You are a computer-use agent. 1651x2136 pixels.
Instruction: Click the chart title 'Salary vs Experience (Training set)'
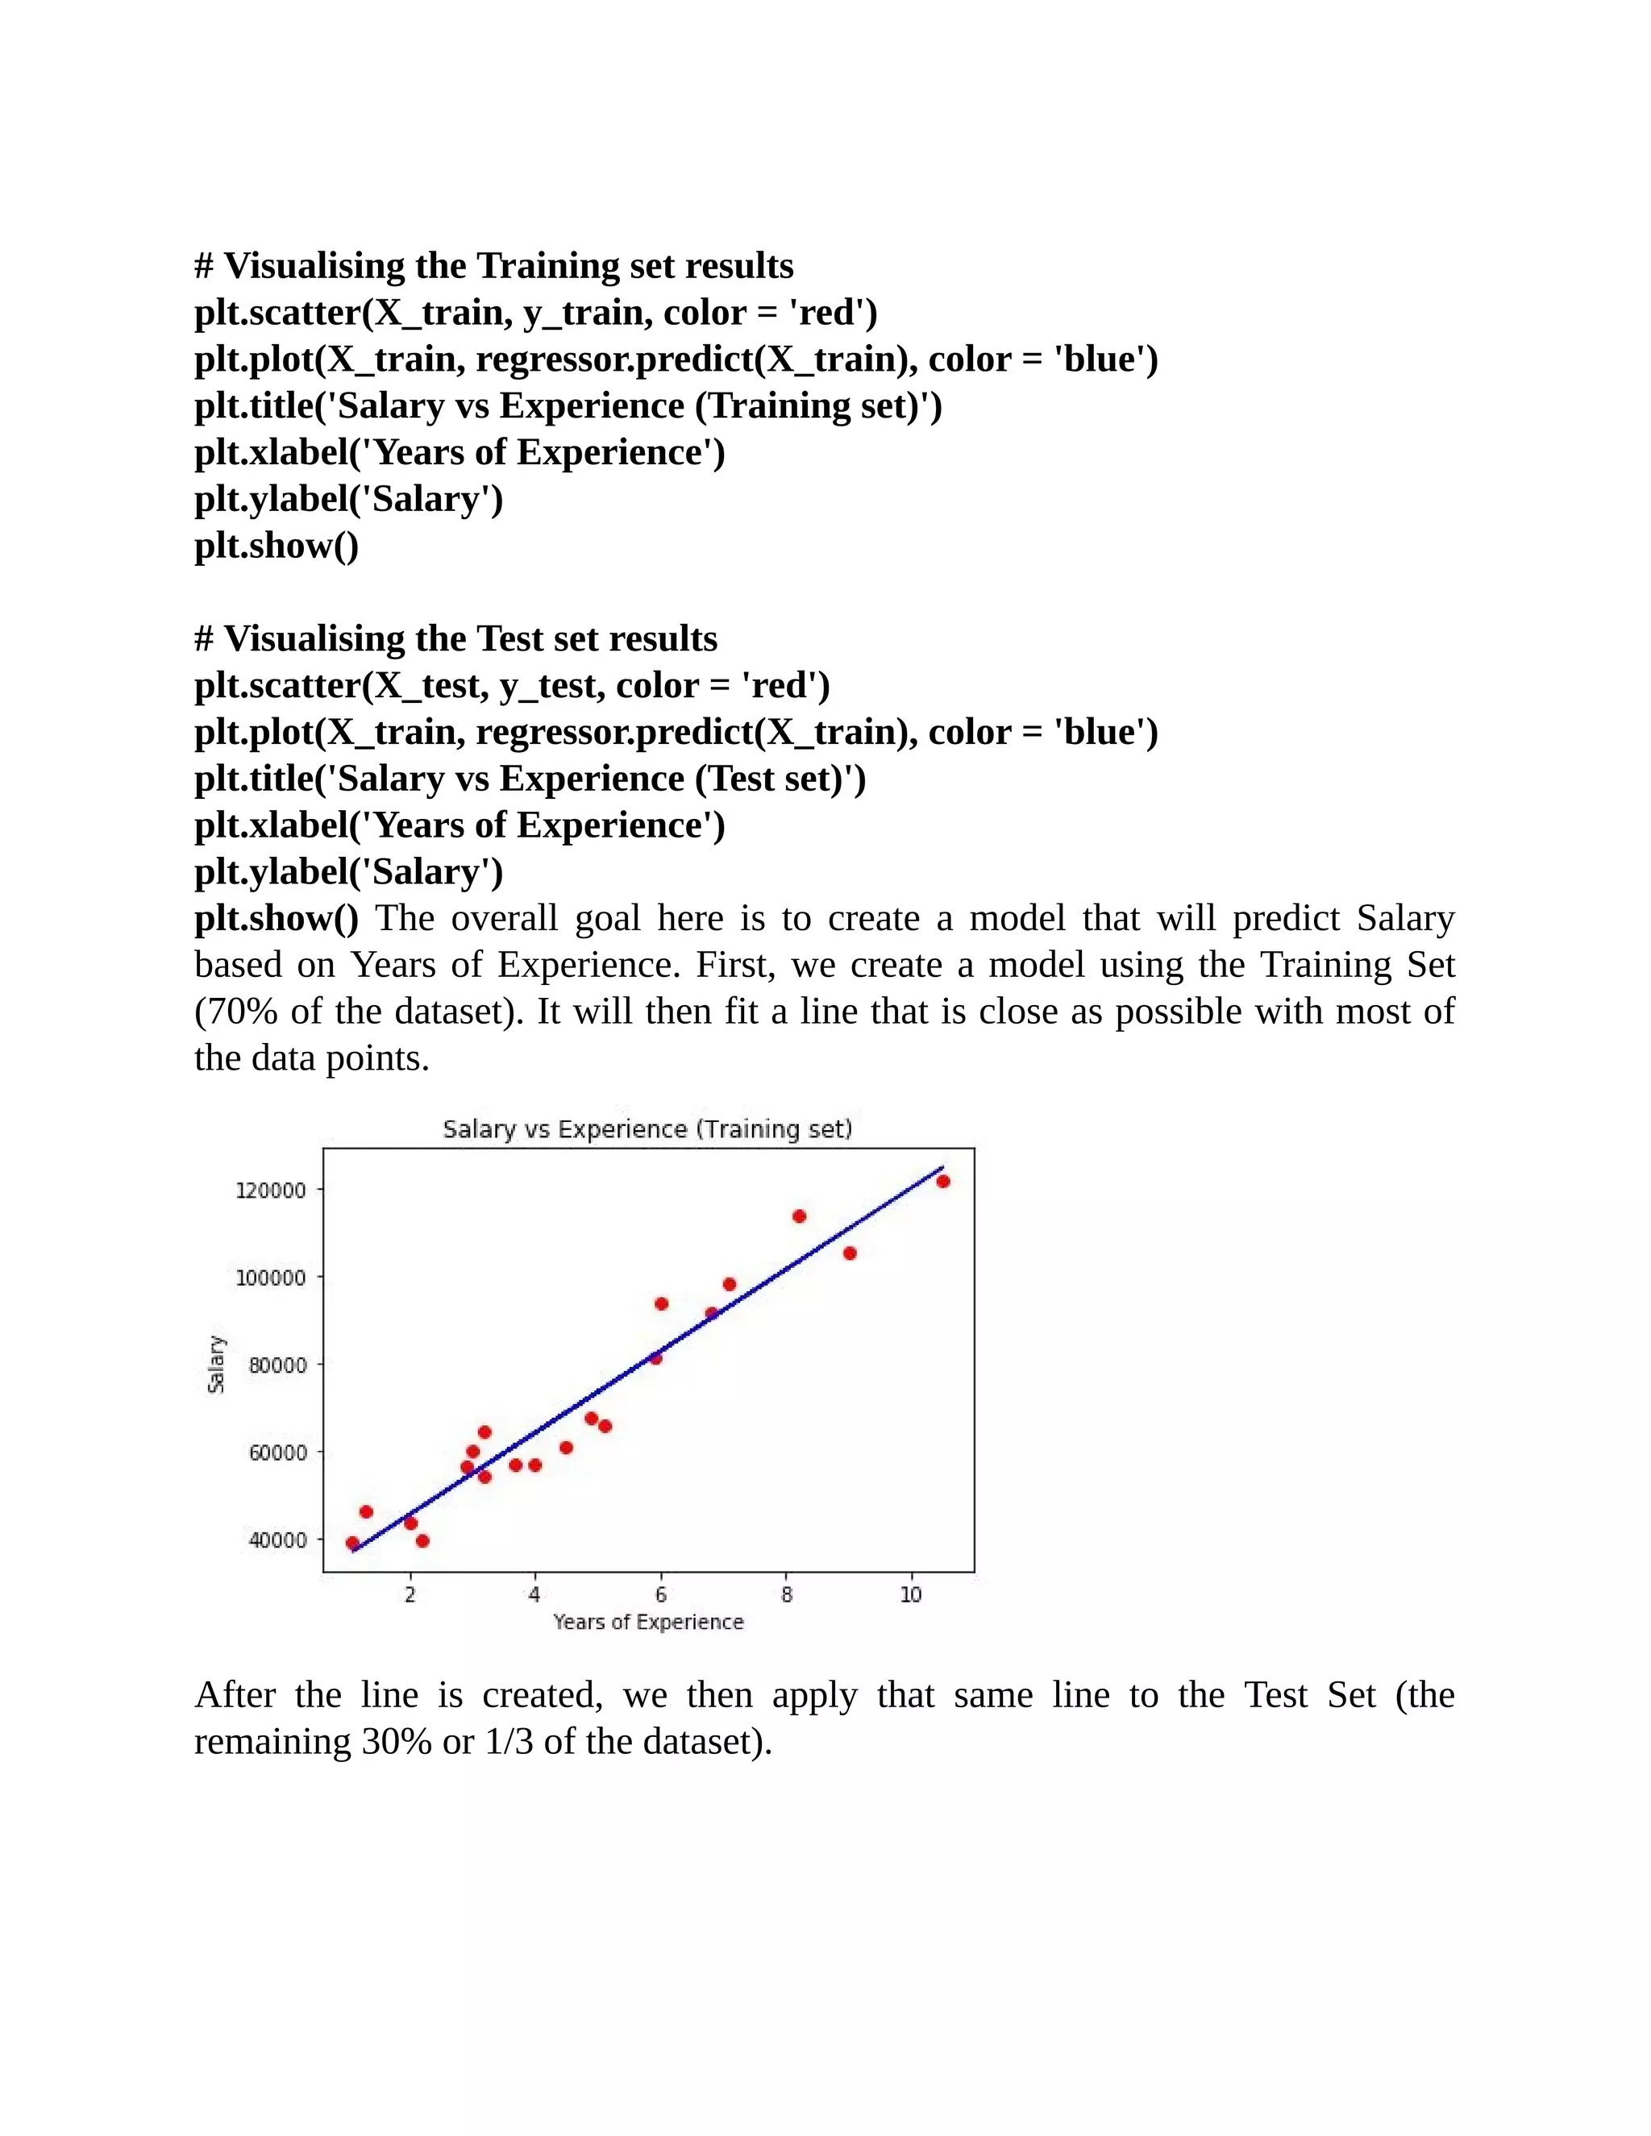(647, 1128)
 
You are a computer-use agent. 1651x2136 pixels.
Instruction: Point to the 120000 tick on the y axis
(271, 1191)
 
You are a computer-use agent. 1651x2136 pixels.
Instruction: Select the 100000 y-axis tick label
(271, 1278)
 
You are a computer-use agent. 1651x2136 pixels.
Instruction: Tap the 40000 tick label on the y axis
(278, 1540)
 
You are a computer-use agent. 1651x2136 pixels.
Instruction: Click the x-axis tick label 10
(911, 1595)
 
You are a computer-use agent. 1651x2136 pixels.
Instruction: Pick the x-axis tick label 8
(786, 1595)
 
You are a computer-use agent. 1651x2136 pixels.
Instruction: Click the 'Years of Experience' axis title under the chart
(648, 1623)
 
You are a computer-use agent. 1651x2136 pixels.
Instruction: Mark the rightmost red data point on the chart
(943, 1182)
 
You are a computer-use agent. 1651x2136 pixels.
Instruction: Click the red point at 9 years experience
(849, 1253)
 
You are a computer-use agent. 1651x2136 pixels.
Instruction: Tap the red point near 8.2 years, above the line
(799, 1216)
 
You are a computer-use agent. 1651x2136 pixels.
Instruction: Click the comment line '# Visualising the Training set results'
(494, 266)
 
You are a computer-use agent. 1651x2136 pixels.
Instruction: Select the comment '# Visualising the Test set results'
(455, 638)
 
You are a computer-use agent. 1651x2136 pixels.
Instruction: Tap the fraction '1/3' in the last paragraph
(509, 1741)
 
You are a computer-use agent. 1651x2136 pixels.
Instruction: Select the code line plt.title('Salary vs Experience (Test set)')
(530, 779)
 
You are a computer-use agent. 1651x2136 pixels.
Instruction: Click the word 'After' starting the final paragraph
(235, 1695)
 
